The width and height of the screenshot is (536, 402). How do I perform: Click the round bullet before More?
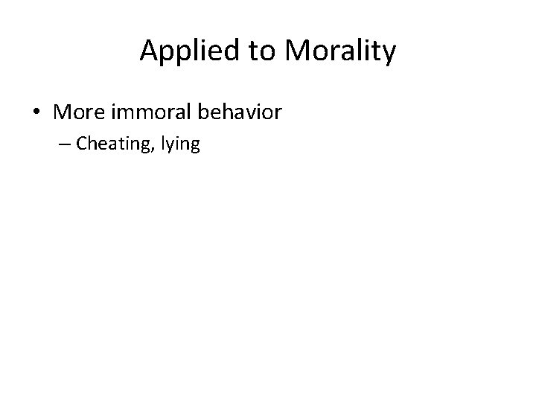point(36,113)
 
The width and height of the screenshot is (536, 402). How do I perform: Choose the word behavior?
point(240,113)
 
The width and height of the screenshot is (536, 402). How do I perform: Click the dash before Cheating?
point(65,144)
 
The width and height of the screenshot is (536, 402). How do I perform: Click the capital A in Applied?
point(149,51)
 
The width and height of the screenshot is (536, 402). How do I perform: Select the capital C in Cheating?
point(81,144)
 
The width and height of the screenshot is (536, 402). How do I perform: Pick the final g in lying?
point(194,147)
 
